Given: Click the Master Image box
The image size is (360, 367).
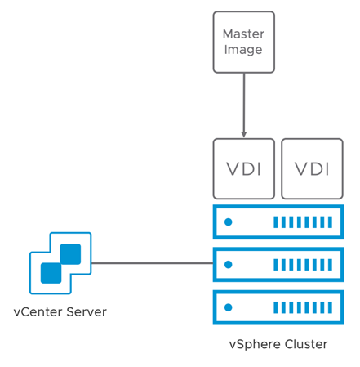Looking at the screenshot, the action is tap(243, 42).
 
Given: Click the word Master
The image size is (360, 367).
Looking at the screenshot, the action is tap(243, 34).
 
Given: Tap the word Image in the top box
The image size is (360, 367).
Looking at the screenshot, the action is tap(243, 50).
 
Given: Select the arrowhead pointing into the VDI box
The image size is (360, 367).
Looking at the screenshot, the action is tap(244, 134).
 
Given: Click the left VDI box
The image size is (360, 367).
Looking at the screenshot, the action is tap(243, 168).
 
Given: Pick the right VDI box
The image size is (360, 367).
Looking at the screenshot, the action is tap(312, 168).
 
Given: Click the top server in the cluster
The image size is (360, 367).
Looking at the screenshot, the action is tap(278, 222).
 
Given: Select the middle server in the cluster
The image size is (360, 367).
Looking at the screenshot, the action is tap(278, 265).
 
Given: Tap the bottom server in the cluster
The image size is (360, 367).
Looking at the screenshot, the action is tap(278, 307).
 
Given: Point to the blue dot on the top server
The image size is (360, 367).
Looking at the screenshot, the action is tap(229, 222).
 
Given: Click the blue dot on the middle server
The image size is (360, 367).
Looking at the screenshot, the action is tap(229, 265).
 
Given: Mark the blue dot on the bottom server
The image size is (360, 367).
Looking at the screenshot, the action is tap(229, 307).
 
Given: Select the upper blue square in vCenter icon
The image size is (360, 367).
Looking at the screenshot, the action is tap(70, 254).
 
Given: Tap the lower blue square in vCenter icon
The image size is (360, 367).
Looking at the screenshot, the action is tap(51, 273).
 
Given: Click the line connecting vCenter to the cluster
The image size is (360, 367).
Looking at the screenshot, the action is tap(153, 263).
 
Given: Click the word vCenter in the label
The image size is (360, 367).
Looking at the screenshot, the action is tap(38, 312).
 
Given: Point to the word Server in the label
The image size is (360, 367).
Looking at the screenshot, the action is tap(87, 312).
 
